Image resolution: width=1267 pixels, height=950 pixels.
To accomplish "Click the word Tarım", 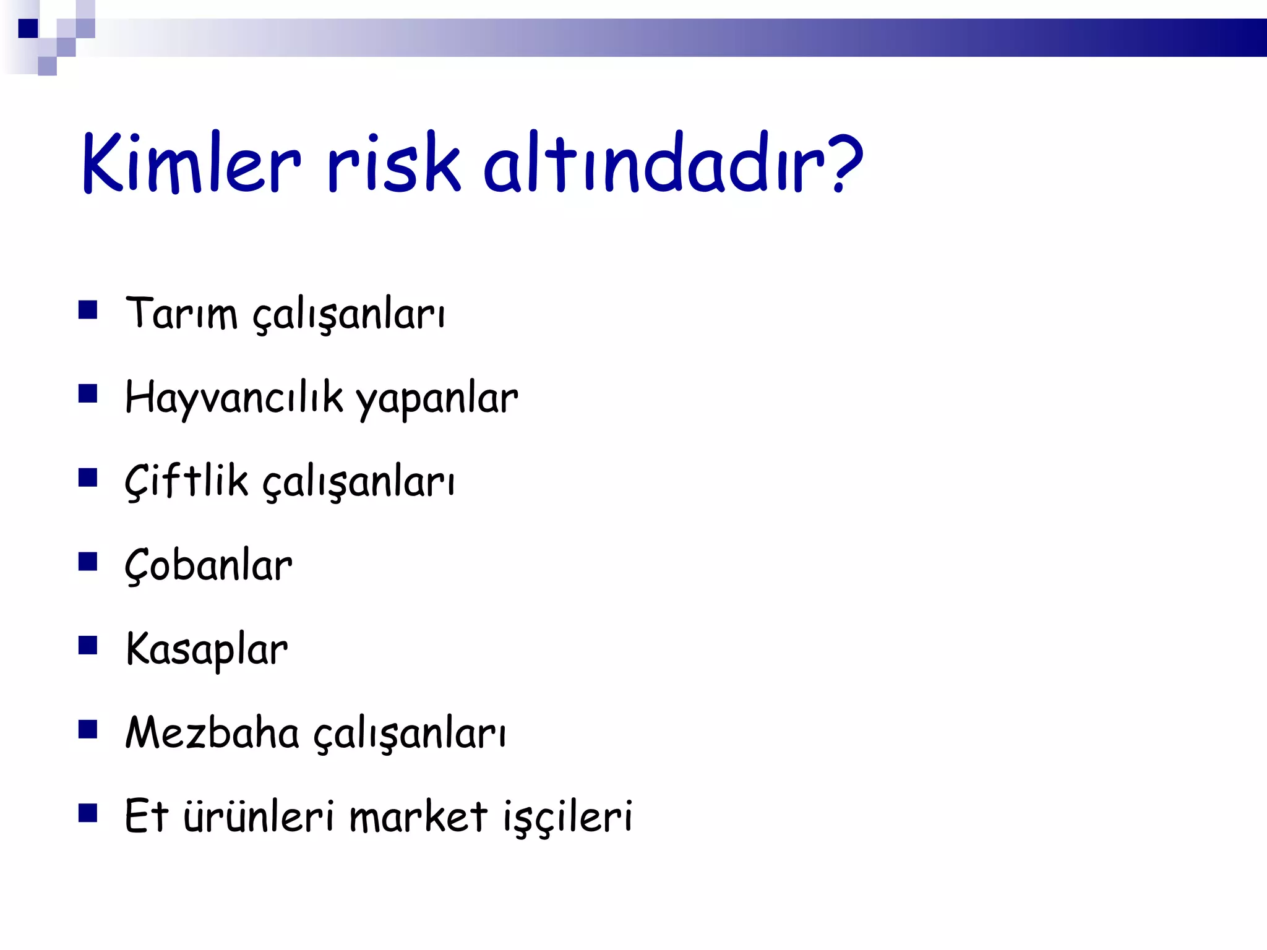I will coord(181,313).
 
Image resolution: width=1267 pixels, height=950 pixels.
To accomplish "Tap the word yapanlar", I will coord(437,400).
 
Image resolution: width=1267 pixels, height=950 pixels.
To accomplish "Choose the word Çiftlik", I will coord(186,481).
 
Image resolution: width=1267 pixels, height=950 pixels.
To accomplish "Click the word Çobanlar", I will coord(208,565).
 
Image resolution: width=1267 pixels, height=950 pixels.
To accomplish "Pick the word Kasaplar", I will coord(207,649).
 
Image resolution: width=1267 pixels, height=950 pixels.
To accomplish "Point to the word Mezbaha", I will coord(212,732).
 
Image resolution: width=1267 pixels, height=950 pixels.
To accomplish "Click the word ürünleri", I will coord(259,816).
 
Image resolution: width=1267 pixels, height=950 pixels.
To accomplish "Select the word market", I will coord(418,816).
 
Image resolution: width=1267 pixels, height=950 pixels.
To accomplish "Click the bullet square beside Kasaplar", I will coord(88,646).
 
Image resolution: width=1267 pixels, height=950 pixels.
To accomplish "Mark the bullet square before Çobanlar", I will coord(88,562).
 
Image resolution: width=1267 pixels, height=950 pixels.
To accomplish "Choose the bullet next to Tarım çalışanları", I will coord(88,309).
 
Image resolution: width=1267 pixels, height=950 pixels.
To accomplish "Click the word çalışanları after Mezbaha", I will coord(410,735).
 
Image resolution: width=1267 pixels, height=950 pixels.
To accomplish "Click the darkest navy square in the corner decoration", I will coord(28,28).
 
